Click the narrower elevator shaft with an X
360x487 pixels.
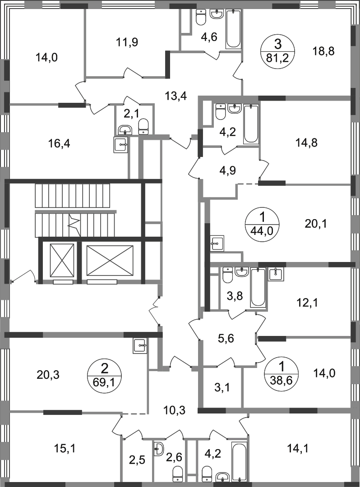point(60,261)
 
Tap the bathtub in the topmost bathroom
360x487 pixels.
point(232,30)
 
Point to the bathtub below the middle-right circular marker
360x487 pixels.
point(258,288)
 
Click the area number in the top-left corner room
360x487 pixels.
point(47,58)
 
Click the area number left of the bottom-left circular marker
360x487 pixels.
point(49,374)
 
